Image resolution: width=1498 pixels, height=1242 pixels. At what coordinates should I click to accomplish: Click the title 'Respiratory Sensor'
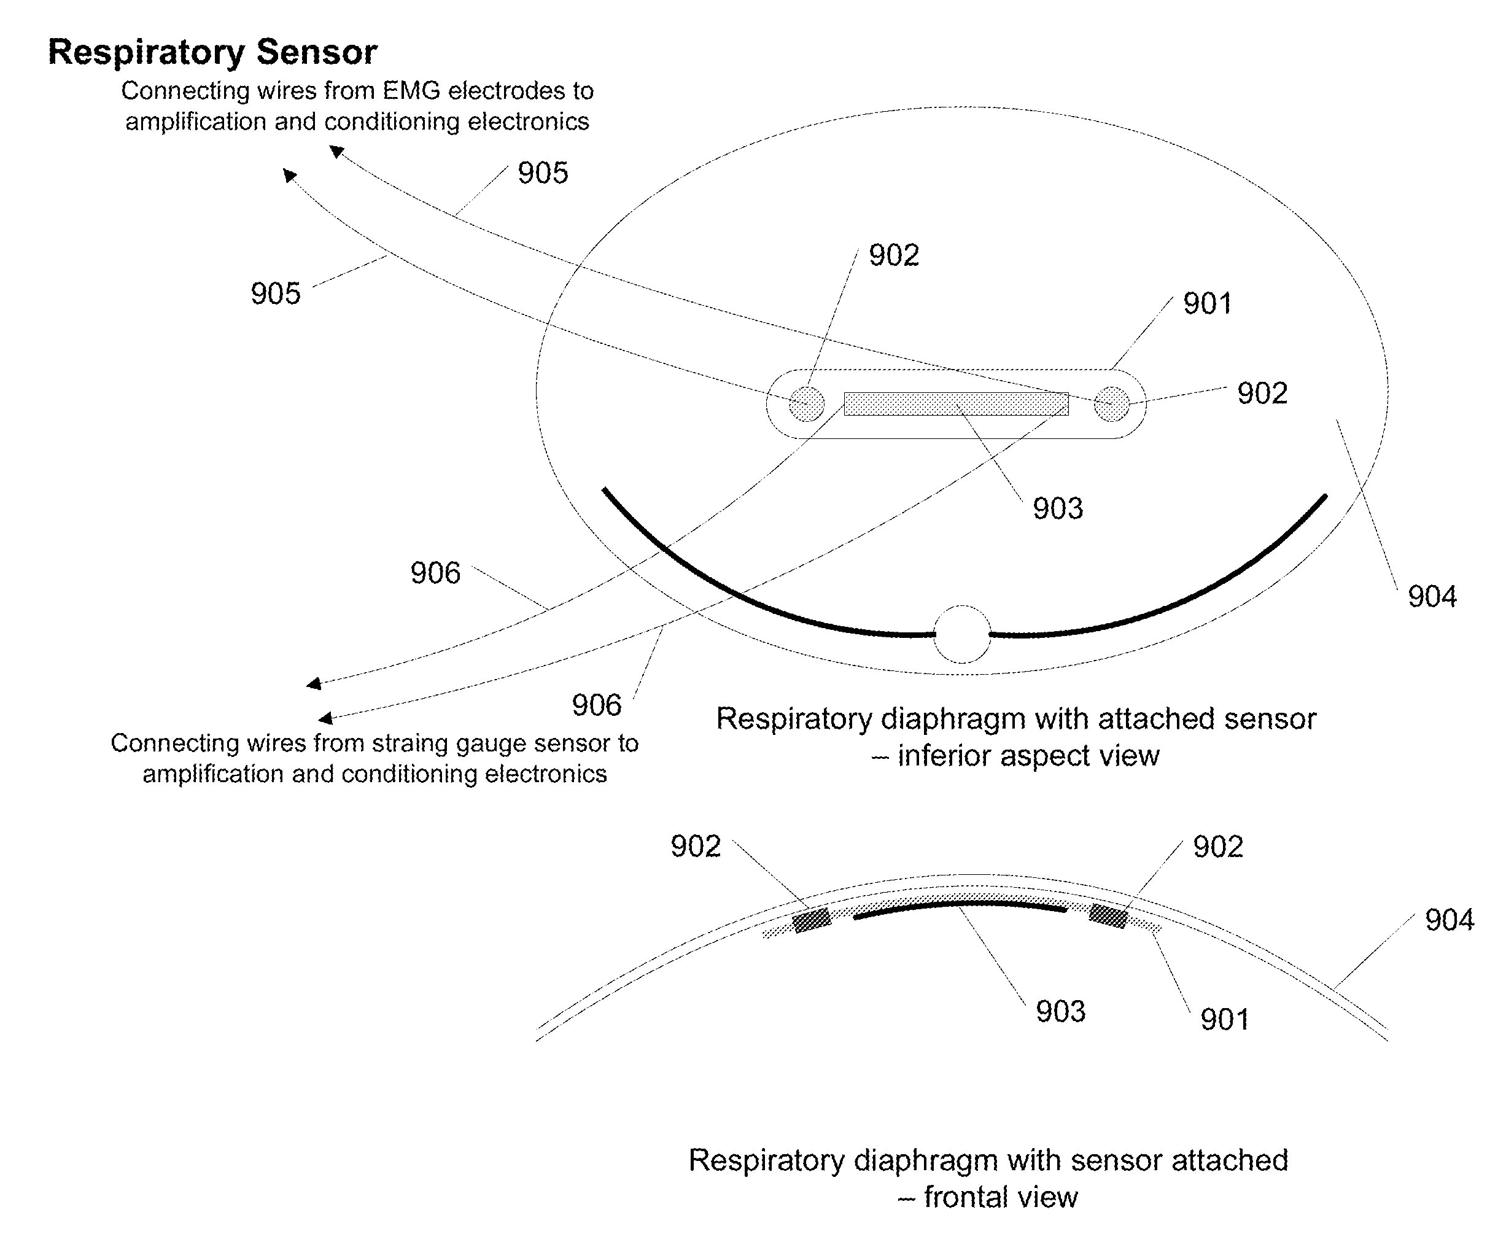(x=212, y=53)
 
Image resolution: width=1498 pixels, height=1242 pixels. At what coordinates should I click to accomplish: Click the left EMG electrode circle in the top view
(x=807, y=404)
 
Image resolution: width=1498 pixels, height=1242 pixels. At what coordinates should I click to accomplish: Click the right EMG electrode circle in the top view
(x=1111, y=404)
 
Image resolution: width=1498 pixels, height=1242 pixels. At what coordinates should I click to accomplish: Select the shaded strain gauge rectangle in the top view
(x=956, y=404)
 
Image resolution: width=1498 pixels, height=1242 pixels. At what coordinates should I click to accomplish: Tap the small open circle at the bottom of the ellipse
(x=962, y=634)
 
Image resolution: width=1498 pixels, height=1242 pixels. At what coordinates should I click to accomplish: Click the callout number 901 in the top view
(x=1207, y=304)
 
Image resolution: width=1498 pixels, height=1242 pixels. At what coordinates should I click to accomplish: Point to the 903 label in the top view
(x=1058, y=508)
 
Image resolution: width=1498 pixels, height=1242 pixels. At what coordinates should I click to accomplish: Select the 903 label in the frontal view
(x=1061, y=1012)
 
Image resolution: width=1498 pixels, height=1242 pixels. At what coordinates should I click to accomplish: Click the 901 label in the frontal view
(x=1225, y=1019)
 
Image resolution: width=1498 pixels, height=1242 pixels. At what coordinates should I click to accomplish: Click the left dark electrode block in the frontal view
(x=812, y=920)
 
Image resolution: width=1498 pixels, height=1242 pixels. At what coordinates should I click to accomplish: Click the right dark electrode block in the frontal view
(x=1108, y=915)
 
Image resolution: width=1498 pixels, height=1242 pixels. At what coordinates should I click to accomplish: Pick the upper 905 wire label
(x=543, y=173)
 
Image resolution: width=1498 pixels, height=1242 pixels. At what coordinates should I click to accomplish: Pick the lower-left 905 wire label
(x=275, y=294)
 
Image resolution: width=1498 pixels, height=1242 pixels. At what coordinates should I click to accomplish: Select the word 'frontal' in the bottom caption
(x=964, y=1198)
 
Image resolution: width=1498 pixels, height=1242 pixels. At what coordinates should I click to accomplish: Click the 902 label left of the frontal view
(x=696, y=847)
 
